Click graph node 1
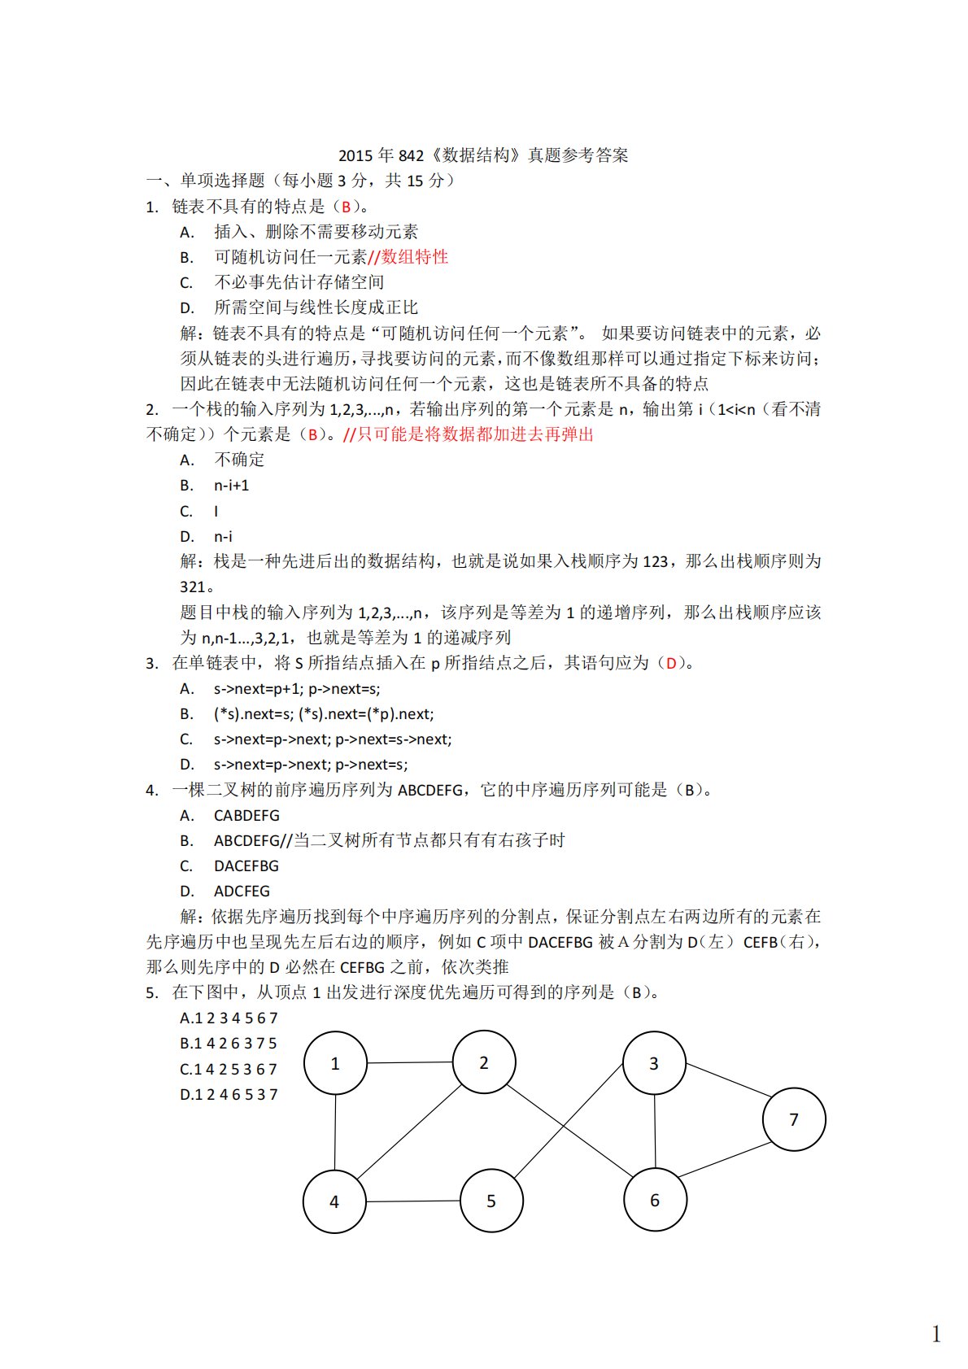tap(335, 1063)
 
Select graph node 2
tap(484, 1062)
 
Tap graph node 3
tap(654, 1063)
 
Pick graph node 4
tap(334, 1201)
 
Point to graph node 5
tap(491, 1201)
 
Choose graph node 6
tap(655, 1200)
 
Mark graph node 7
tap(794, 1119)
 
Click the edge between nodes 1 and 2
tap(409, 1062)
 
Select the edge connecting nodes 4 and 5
tap(412, 1201)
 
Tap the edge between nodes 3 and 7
tap(726, 1079)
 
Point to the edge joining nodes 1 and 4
tap(335, 1132)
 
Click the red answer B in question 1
tap(346, 207)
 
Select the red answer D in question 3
tap(671, 663)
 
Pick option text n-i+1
tap(232, 486)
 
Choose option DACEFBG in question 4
tap(246, 865)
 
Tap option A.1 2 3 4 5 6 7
tap(229, 1018)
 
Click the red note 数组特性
tap(415, 257)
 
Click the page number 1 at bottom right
tap(936, 1334)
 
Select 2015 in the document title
tap(355, 155)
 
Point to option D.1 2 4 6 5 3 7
tap(229, 1094)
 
